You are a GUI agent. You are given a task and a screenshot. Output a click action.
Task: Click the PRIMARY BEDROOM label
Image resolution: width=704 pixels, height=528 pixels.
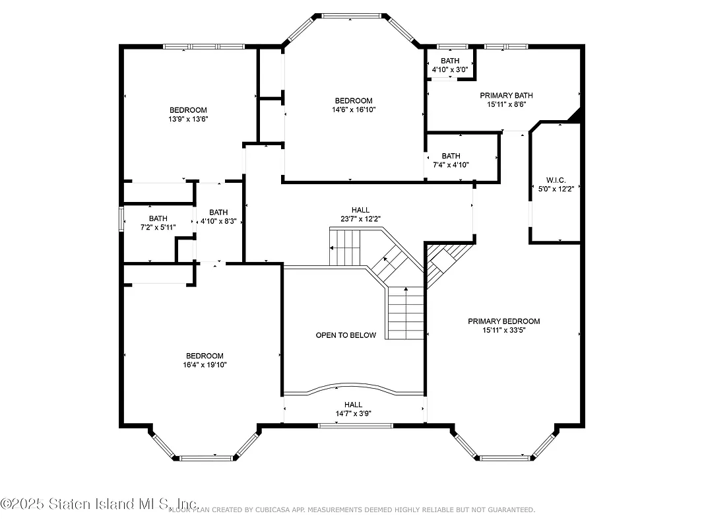click(503, 321)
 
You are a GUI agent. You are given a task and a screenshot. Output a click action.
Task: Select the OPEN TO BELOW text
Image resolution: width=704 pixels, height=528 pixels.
click(346, 335)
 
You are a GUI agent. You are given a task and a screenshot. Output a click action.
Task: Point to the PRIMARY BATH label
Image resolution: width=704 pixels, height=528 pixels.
click(506, 96)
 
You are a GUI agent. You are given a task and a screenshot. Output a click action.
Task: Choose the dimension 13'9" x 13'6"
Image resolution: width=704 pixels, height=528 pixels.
click(188, 119)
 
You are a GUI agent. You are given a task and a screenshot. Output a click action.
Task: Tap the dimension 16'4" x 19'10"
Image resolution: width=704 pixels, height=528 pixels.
click(204, 364)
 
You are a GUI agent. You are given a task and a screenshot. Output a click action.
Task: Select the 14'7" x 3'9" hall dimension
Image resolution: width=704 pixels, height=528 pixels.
click(353, 414)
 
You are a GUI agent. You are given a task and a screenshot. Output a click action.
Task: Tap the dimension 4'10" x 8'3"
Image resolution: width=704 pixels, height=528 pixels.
click(218, 222)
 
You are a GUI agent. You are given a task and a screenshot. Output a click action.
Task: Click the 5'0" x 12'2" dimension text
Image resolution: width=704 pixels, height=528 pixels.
click(556, 189)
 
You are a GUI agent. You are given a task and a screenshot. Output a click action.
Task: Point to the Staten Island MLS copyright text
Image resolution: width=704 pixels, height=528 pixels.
click(99, 504)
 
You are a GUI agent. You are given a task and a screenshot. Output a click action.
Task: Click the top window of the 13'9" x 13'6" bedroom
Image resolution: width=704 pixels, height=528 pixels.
click(203, 46)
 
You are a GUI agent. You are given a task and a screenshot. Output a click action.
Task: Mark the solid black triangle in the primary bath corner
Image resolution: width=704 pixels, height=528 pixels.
click(576, 115)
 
